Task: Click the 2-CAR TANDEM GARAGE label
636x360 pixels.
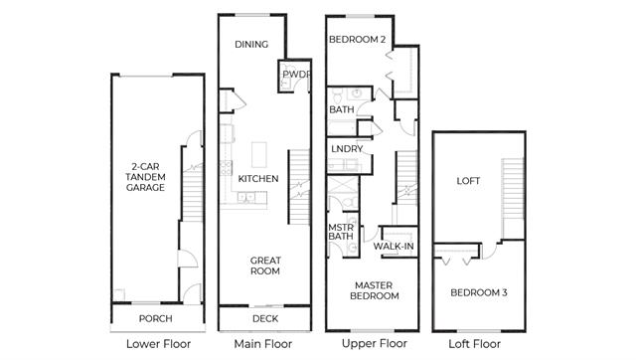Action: pyautogui.click(x=145, y=177)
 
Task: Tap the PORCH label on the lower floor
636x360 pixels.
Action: pyautogui.click(x=155, y=318)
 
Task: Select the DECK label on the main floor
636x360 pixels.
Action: pyautogui.click(x=265, y=318)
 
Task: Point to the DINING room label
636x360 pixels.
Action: pyautogui.click(x=251, y=44)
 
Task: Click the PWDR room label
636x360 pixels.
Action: pyautogui.click(x=296, y=75)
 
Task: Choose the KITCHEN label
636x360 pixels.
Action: pyautogui.click(x=258, y=179)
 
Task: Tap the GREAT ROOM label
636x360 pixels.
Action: pyautogui.click(x=265, y=266)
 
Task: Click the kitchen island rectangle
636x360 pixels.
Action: pyautogui.click(x=259, y=154)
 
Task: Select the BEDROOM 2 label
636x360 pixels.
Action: pyautogui.click(x=358, y=40)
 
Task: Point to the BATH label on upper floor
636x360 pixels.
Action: pyautogui.click(x=342, y=109)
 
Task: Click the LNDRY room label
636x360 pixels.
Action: pyautogui.click(x=347, y=149)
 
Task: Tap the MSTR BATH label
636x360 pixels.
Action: pyautogui.click(x=341, y=232)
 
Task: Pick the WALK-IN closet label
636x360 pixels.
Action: pyautogui.click(x=394, y=247)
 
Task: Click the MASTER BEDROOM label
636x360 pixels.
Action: pyautogui.click(x=374, y=290)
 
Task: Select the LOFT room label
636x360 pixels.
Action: pyautogui.click(x=468, y=181)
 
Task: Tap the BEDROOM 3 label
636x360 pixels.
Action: pyautogui.click(x=479, y=292)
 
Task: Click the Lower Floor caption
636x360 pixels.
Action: pyautogui.click(x=158, y=344)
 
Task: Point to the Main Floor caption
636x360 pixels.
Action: pyautogui.click(x=262, y=344)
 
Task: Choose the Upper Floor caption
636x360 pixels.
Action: pyautogui.click(x=375, y=344)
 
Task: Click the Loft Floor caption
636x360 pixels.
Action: pyautogui.click(x=475, y=344)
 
